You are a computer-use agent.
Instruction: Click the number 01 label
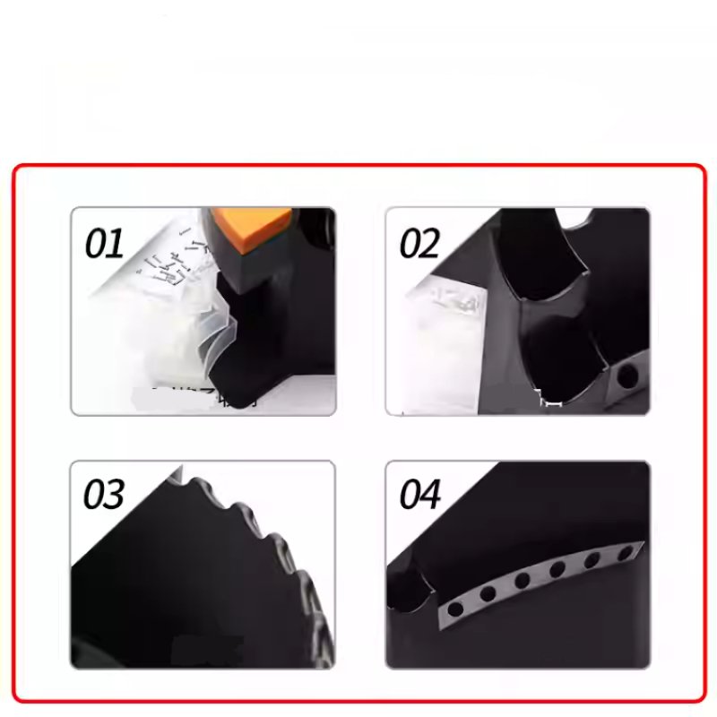point(104,244)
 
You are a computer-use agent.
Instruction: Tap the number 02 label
point(419,244)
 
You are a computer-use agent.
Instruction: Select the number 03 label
point(104,495)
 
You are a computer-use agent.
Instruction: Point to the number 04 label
point(419,495)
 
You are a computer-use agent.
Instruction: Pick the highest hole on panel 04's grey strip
point(618,555)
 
